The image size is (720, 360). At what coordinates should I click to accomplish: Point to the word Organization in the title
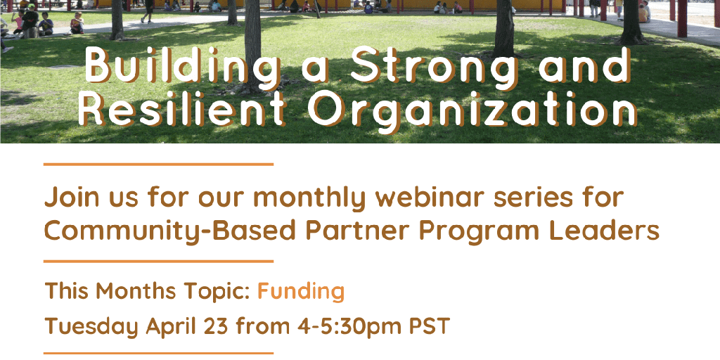(x=473, y=111)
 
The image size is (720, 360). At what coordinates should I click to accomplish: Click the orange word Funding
(x=301, y=290)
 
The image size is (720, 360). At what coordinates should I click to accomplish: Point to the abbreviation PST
(x=430, y=326)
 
